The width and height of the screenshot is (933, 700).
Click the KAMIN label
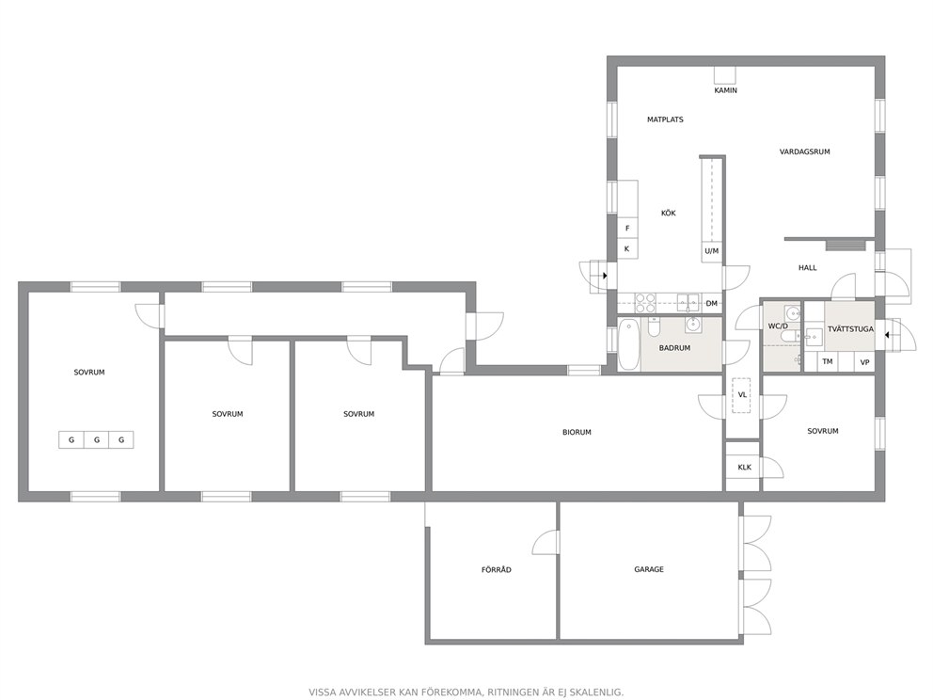point(725,90)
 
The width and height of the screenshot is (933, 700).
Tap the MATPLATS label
point(665,119)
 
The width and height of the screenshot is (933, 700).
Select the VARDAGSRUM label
point(804,151)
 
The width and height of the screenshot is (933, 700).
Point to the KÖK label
point(668,213)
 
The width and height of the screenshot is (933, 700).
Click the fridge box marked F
point(627,229)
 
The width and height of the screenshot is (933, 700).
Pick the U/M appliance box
point(712,251)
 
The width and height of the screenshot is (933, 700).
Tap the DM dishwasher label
point(712,304)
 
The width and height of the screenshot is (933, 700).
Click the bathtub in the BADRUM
point(628,344)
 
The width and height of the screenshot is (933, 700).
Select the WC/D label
point(778,326)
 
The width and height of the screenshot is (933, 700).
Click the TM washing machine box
point(827,361)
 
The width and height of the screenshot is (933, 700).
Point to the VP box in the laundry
point(864,362)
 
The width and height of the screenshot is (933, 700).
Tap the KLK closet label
point(744,468)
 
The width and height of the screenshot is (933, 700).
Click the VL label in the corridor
point(742,394)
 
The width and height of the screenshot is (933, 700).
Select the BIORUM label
point(577,433)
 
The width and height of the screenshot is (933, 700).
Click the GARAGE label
point(649,569)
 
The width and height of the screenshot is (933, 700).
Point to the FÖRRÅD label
point(497,569)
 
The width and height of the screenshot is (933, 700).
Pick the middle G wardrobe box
point(96,440)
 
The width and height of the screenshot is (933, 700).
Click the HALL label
point(808,268)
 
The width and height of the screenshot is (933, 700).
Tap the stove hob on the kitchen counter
point(645,303)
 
